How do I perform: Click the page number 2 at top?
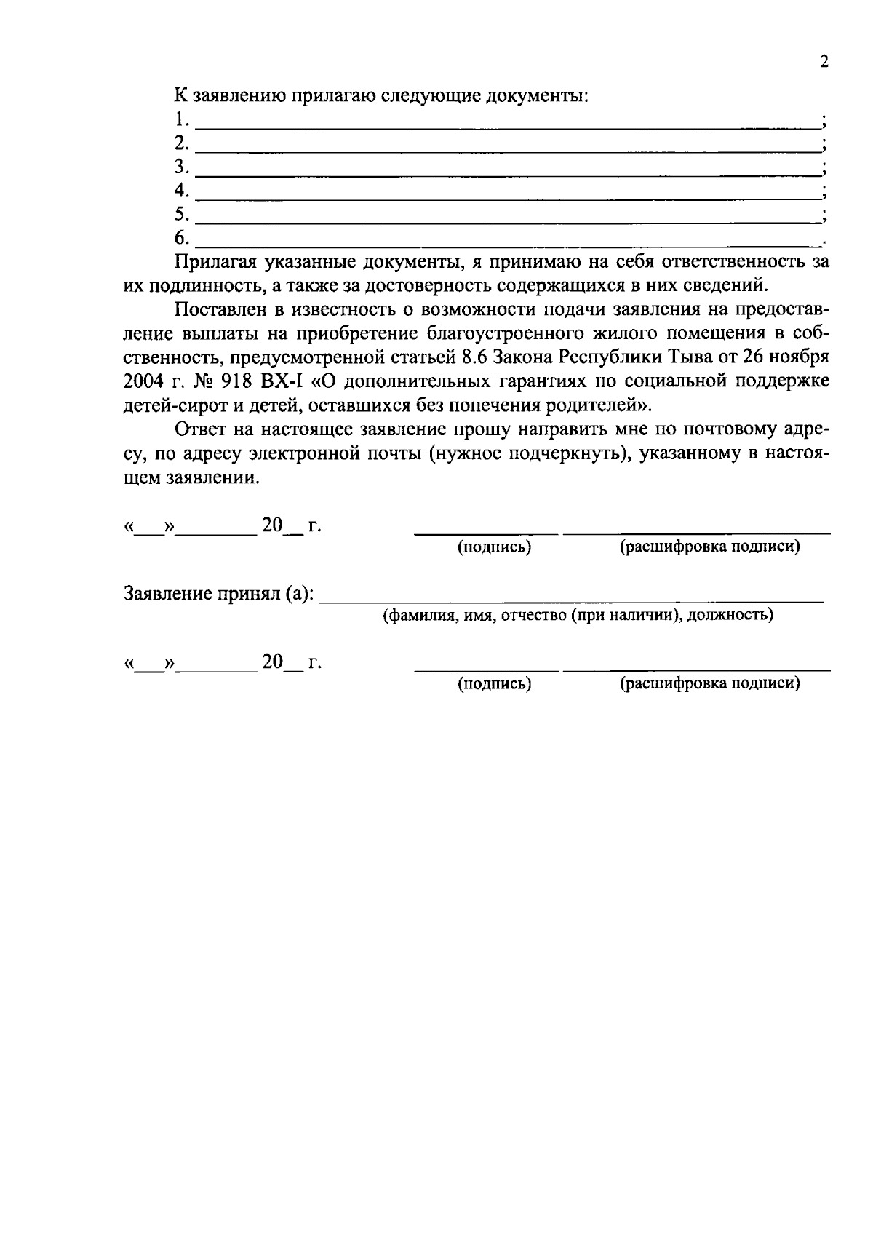pyautogui.click(x=824, y=62)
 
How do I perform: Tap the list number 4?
pyautogui.click(x=181, y=191)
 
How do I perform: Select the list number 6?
pyautogui.click(x=181, y=238)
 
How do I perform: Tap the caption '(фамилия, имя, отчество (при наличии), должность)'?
pyautogui.click(x=578, y=616)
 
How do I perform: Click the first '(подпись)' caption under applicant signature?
pyautogui.click(x=494, y=547)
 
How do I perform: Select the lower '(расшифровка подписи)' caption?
pyautogui.click(x=709, y=684)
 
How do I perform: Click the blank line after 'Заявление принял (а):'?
pyautogui.click(x=571, y=601)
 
